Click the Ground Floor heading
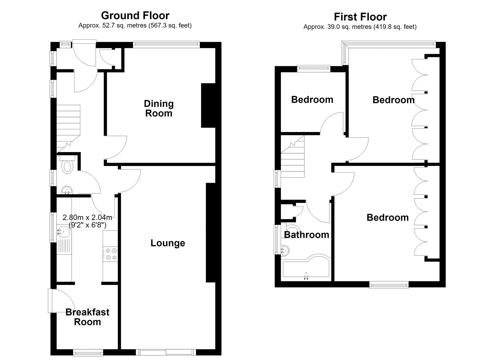tap(135, 15)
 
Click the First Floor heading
tap(360, 17)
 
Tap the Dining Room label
tap(159, 109)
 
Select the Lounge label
tap(168, 243)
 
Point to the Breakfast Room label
tap(88, 317)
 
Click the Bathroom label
tap(307, 235)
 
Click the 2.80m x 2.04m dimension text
tap(87, 217)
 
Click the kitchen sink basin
tap(63, 231)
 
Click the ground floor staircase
tap(68, 128)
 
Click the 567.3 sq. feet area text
tap(170, 26)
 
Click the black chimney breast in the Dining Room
tap(208, 105)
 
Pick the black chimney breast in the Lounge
tap(211, 232)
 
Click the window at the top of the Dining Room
tap(166, 45)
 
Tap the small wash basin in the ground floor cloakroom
tap(67, 190)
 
